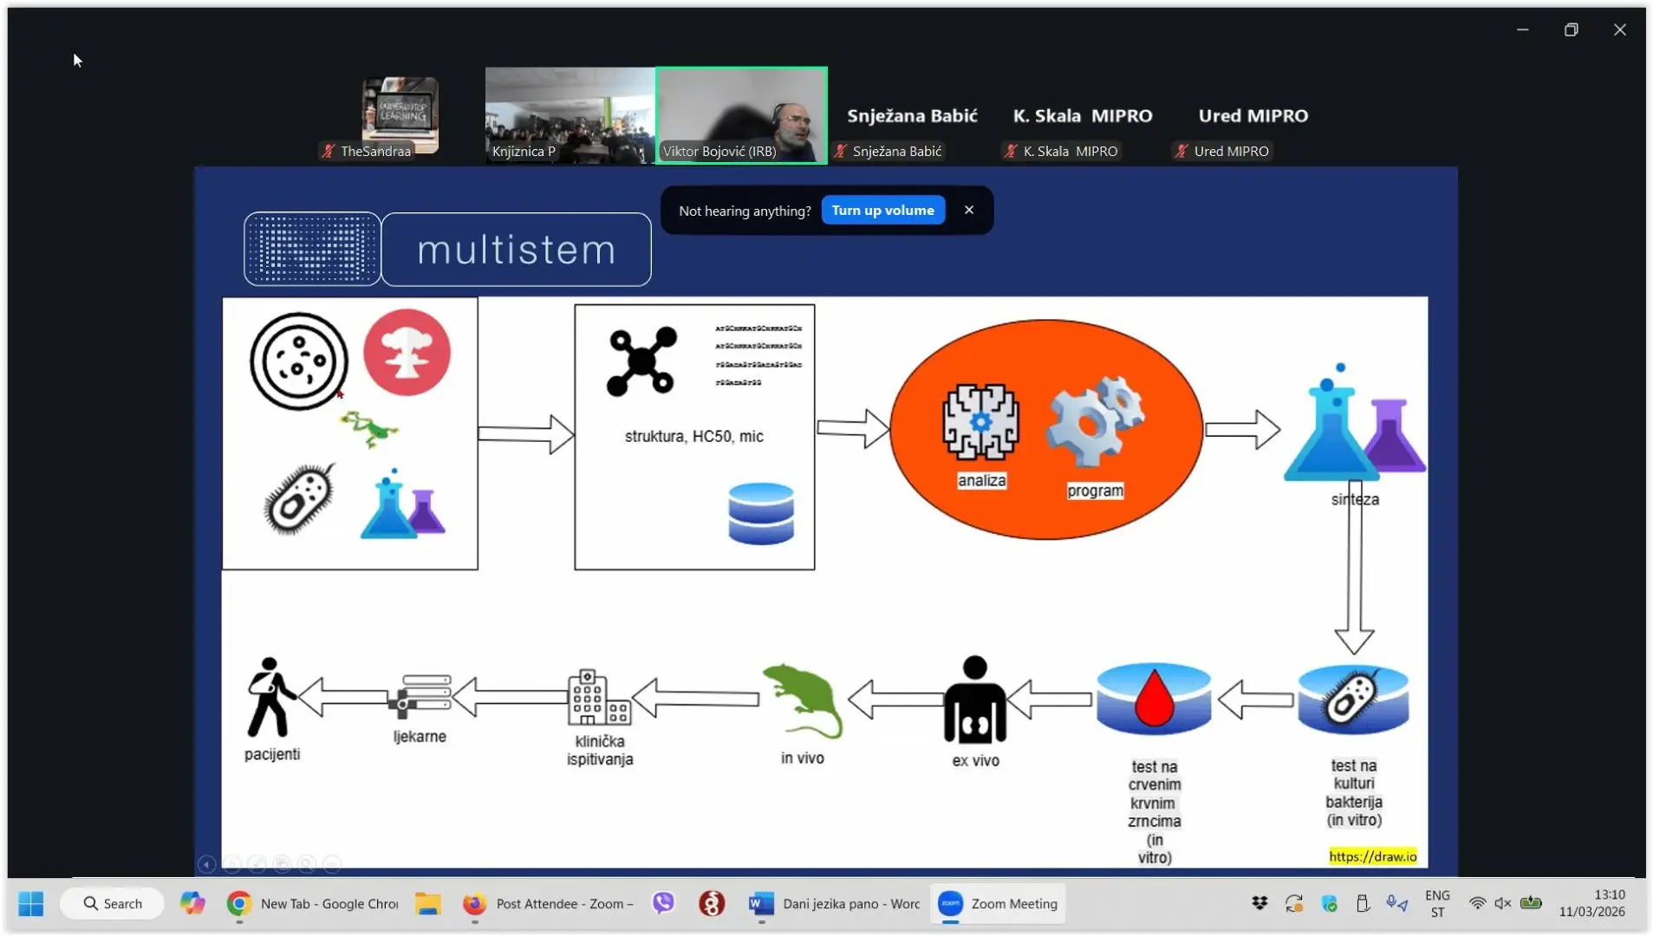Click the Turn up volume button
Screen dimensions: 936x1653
882,211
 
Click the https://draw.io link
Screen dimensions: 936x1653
1372,856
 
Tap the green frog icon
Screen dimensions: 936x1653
369,429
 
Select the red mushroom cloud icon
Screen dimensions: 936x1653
407,352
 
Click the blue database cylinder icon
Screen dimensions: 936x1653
761,513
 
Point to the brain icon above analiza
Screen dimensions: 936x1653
980,422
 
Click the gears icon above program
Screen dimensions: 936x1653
1095,421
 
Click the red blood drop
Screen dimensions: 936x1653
1154,698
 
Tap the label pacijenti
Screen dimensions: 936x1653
272,754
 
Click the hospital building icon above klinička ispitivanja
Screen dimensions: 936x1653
598,698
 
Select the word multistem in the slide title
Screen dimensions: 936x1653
517,250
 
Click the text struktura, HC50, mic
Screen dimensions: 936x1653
693,436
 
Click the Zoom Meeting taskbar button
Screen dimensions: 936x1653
999,904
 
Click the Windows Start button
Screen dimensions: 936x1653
31,904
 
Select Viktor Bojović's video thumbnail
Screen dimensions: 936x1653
742,115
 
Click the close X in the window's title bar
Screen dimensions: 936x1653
1619,29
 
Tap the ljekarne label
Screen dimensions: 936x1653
420,737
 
